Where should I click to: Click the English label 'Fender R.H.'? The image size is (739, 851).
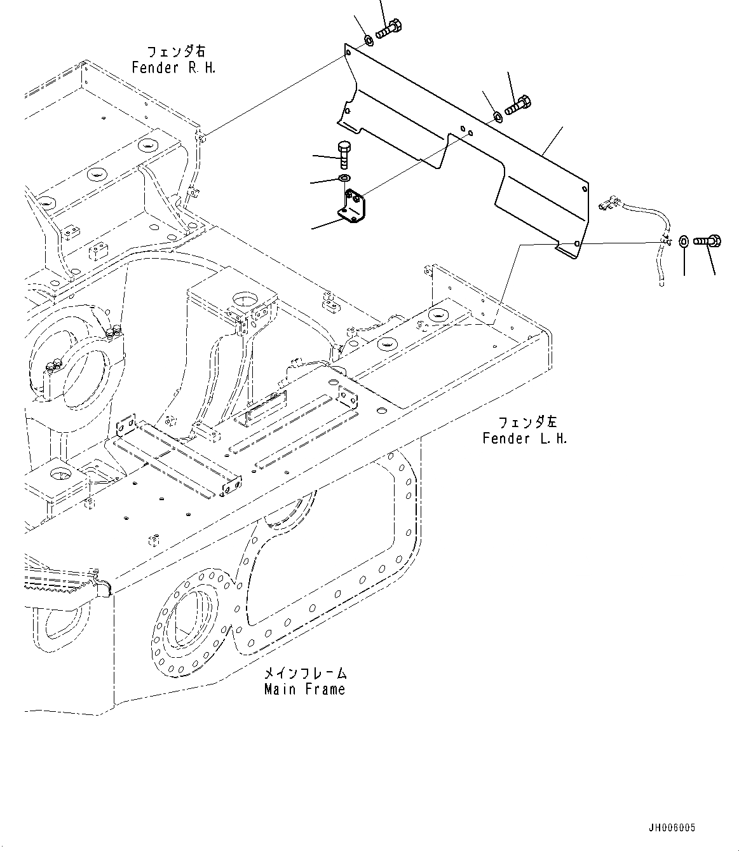point(173,67)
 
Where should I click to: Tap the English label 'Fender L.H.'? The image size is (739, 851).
point(524,439)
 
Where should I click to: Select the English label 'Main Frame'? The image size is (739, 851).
point(305,689)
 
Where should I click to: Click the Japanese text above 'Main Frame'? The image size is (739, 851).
point(305,673)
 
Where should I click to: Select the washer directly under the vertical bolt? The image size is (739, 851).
point(344,177)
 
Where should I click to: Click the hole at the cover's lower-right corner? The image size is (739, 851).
point(576,243)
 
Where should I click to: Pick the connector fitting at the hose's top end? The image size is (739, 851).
point(608,202)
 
